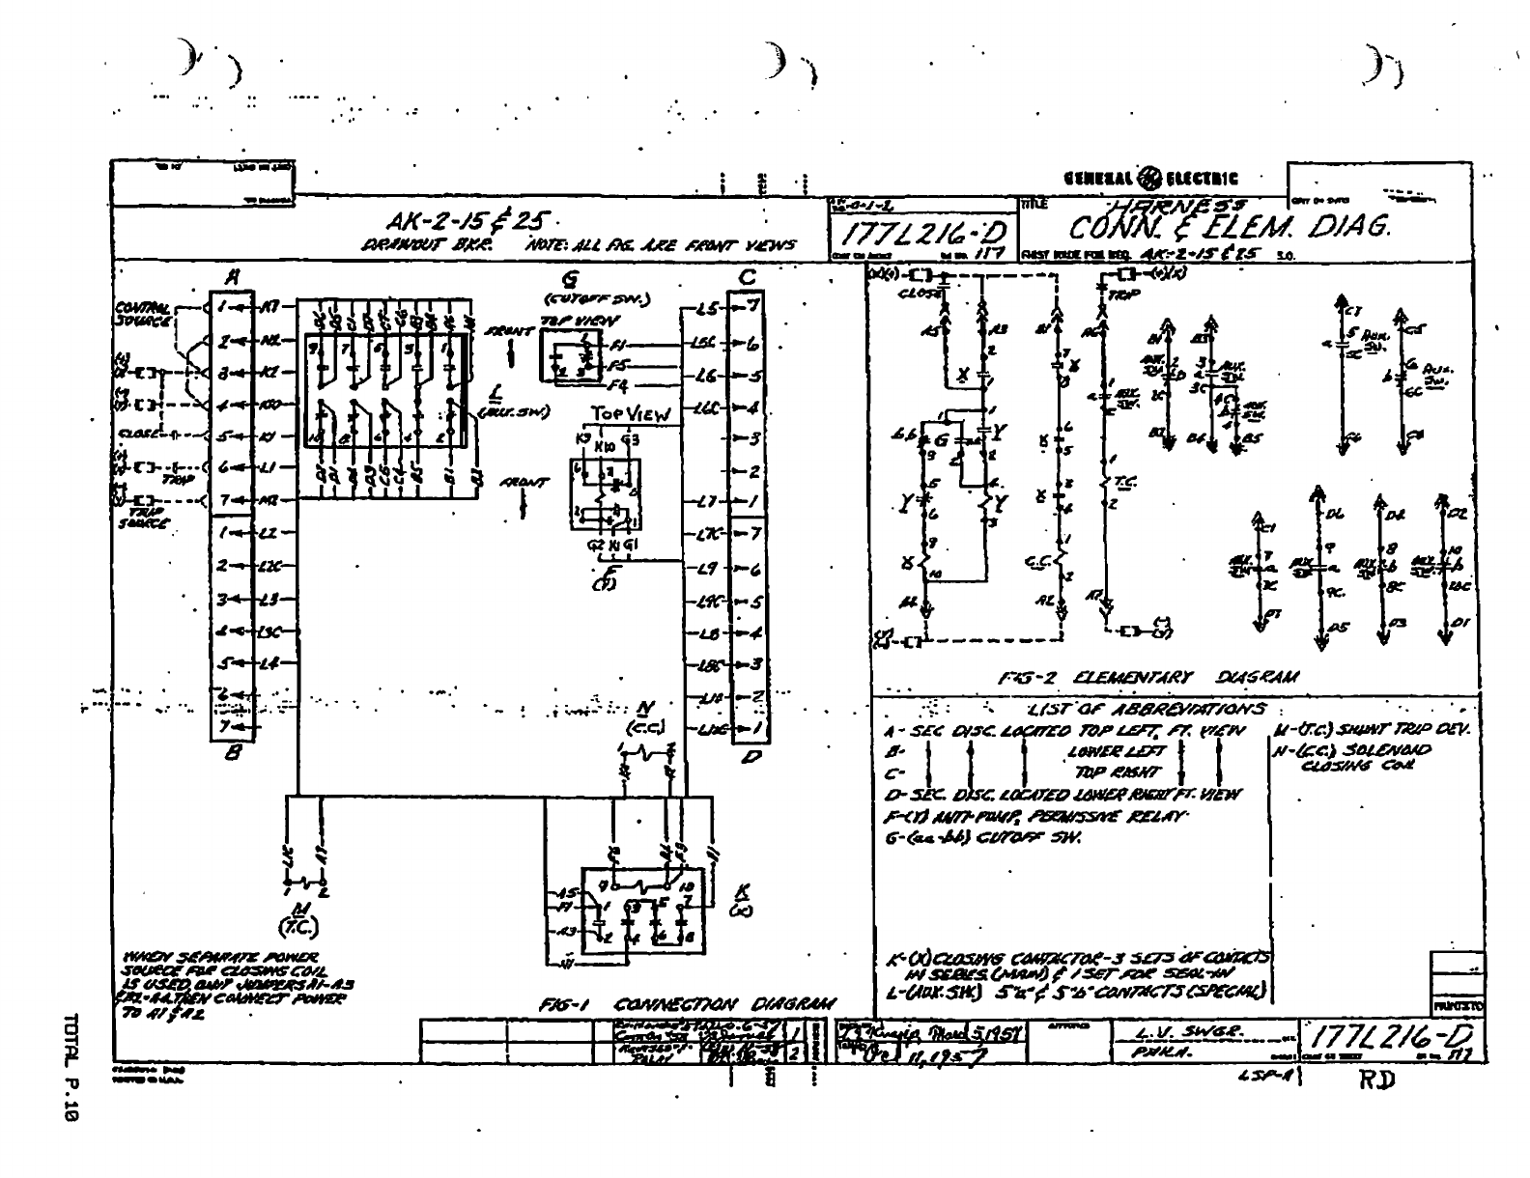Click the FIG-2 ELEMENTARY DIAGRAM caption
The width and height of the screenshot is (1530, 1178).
1148,677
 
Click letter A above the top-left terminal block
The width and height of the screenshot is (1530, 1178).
231,276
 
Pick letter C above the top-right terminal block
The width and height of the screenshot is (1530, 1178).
747,278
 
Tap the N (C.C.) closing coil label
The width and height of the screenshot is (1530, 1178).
641,717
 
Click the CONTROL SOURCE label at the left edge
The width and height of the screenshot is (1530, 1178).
141,313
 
